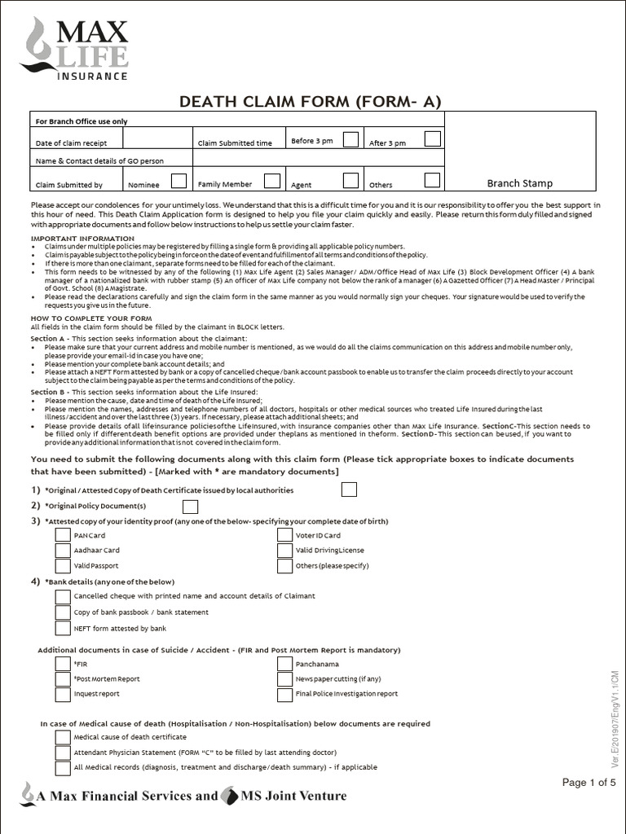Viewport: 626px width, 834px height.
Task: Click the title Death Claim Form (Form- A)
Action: [310, 101]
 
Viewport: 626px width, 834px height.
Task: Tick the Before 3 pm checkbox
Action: [350, 139]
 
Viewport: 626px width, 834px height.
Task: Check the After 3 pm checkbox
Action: [432, 139]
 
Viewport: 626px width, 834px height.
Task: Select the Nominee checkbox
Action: [179, 181]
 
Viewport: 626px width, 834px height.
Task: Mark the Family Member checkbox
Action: [272, 181]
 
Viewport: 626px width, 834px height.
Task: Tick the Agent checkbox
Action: [350, 181]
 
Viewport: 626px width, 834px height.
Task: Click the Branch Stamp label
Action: [520, 183]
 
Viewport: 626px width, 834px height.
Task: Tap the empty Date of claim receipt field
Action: [156, 141]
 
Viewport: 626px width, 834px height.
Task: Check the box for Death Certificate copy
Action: [349, 489]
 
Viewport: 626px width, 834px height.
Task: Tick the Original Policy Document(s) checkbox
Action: [190, 507]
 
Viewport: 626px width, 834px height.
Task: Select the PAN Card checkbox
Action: [63, 535]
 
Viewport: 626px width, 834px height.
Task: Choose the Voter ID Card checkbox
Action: [284, 535]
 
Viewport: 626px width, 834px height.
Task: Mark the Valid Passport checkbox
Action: [63, 565]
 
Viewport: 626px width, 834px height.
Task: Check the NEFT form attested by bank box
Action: [63, 628]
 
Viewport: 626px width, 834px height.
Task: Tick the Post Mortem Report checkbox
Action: [63, 678]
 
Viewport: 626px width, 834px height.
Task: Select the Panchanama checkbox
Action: [284, 663]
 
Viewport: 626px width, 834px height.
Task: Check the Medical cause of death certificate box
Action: [63, 737]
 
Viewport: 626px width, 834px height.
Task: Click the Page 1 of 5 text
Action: [589, 783]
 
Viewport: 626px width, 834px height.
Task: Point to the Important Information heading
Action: [82, 238]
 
